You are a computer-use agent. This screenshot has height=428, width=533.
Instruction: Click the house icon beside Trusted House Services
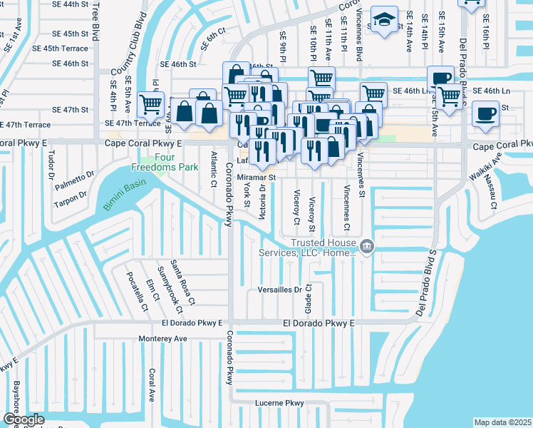pyautogui.click(x=367, y=248)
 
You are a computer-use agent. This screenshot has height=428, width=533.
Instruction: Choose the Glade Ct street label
pyautogui.click(x=309, y=299)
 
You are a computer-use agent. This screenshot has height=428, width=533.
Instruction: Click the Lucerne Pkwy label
pyautogui.click(x=280, y=404)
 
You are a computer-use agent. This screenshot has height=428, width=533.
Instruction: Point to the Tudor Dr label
pyautogui.click(x=51, y=161)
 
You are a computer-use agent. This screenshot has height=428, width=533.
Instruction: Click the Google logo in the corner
pyautogui.click(x=23, y=419)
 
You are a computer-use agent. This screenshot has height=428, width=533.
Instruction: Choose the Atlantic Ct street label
pyautogui.click(x=213, y=170)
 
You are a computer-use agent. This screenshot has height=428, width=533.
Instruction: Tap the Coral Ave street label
pyautogui.click(x=152, y=385)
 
